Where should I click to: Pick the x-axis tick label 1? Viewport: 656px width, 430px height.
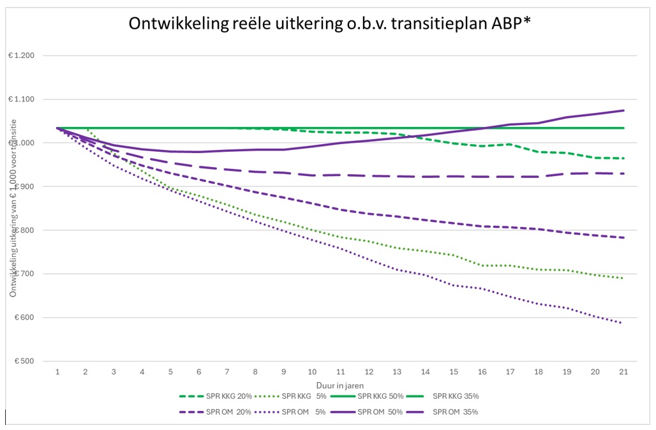point(58,371)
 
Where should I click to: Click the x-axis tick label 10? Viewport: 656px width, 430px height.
point(312,371)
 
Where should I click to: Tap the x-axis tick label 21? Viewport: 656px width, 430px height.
point(623,371)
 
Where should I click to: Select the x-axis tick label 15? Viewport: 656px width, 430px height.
point(453,371)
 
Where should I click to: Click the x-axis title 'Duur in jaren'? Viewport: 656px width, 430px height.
point(339,385)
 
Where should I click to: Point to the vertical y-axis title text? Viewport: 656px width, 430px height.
point(13,208)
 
